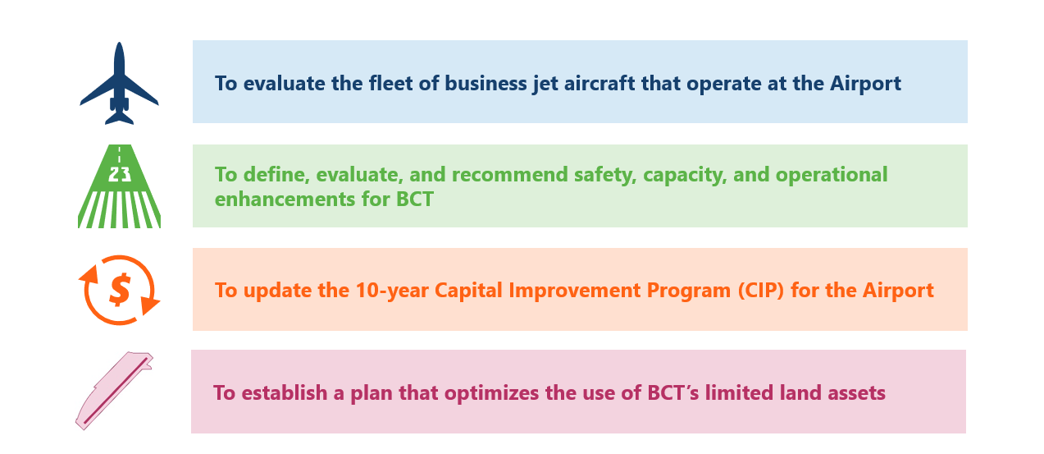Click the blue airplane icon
(119, 84)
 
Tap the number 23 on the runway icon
(119, 175)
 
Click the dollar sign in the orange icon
(120, 290)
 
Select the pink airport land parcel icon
(115, 391)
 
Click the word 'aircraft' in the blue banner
(600, 84)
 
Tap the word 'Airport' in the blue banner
(865, 85)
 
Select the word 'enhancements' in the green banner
(285, 199)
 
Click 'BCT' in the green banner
(415, 199)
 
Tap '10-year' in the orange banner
(392, 291)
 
